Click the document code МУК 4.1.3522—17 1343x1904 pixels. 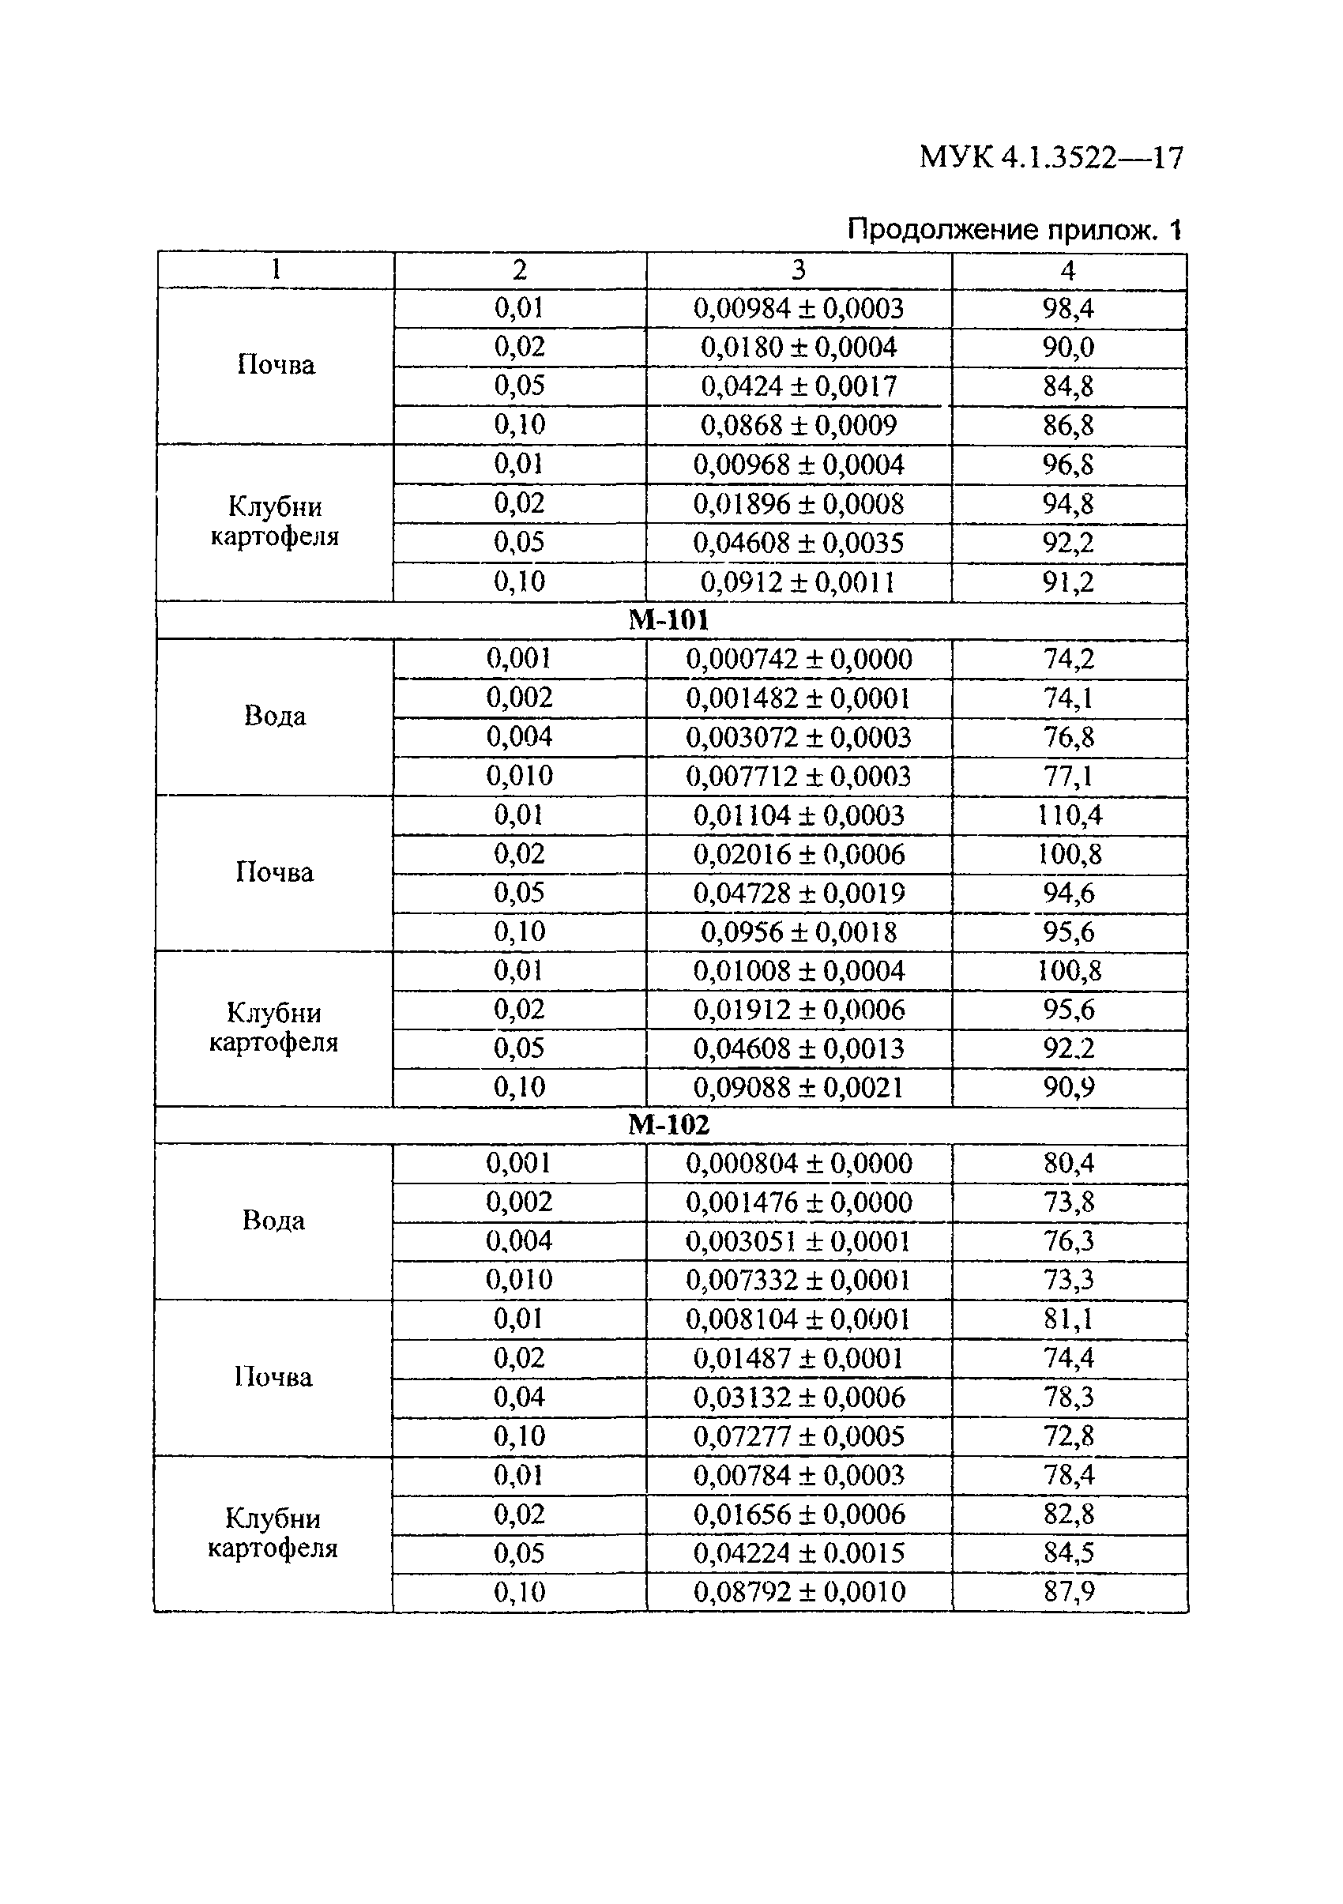click(1051, 156)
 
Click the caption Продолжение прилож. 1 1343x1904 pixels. click(1014, 229)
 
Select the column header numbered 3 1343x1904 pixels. click(799, 269)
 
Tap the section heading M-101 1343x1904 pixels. click(669, 619)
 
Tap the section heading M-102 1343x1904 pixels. click(669, 1124)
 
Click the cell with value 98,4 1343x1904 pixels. click(1068, 308)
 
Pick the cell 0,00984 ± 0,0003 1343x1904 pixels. click(799, 308)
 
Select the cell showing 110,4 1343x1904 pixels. click(1069, 815)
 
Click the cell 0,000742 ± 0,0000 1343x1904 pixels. click(799, 659)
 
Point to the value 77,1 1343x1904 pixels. click(1068, 776)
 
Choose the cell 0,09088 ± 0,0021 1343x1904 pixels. click(799, 1087)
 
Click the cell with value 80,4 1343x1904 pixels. click(1069, 1164)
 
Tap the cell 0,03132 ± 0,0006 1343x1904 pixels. click(799, 1398)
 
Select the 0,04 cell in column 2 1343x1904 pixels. click(519, 1398)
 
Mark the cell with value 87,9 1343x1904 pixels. click(1069, 1591)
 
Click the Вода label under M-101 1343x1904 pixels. click(274, 716)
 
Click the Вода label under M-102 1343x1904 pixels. click(273, 1221)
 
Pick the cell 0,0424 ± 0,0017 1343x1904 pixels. click(799, 386)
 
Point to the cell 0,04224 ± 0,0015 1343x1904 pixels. click(799, 1552)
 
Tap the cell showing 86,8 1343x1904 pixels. click(1068, 425)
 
